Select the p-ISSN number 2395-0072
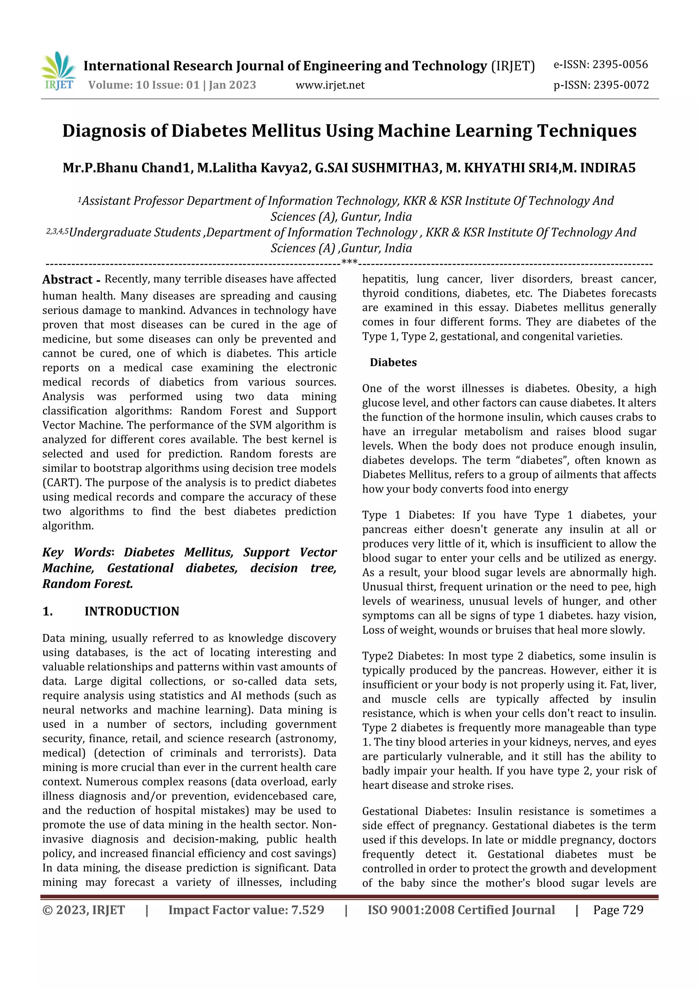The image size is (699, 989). pyautogui.click(x=620, y=85)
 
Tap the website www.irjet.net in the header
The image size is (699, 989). pyautogui.click(x=330, y=85)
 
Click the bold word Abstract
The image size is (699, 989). pyautogui.click(x=67, y=280)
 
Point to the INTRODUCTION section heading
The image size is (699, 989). pyautogui.click(x=131, y=611)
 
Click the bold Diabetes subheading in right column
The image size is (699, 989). pyautogui.click(x=393, y=362)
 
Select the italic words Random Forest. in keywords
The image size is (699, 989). pyautogui.click(x=88, y=584)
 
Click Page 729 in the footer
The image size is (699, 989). pyautogui.click(x=618, y=910)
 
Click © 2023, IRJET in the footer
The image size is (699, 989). pyautogui.click(x=84, y=910)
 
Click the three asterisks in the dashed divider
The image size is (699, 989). pyautogui.click(x=349, y=262)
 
